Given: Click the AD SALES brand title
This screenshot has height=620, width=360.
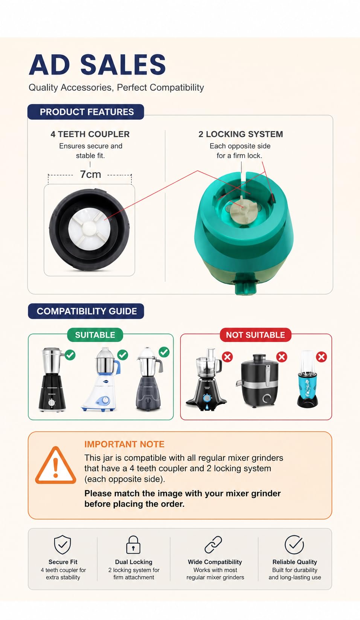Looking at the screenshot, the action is click(x=97, y=64).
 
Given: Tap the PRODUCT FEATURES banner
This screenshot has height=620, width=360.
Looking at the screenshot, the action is click(x=86, y=112).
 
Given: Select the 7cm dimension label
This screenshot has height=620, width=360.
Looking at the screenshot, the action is click(x=90, y=174).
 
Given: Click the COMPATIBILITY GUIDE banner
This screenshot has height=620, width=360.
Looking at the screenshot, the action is click(x=86, y=311).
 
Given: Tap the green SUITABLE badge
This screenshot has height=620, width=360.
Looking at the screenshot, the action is click(x=95, y=335).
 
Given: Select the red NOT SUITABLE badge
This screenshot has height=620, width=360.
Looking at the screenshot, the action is click(x=255, y=335).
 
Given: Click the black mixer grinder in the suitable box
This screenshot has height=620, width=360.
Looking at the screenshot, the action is click(x=52, y=380).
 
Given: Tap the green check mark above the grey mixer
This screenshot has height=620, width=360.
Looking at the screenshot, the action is click(x=164, y=352).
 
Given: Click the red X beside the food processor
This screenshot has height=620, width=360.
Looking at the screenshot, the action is click(x=227, y=357).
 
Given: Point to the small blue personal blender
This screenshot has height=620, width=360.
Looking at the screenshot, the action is click(x=307, y=379).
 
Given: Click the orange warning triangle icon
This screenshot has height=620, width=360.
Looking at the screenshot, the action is click(x=56, y=466).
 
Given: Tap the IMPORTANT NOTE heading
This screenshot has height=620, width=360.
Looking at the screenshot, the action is click(x=124, y=444).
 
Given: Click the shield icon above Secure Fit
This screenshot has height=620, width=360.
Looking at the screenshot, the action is click(x=63, y=544).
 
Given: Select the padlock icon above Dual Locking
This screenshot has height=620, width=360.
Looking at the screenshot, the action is click(x=133, y=544).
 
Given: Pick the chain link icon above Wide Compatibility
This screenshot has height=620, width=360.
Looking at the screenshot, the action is click(x=214, y=544).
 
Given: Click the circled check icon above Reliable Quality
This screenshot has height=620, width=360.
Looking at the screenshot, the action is click(x=294, y=544).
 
